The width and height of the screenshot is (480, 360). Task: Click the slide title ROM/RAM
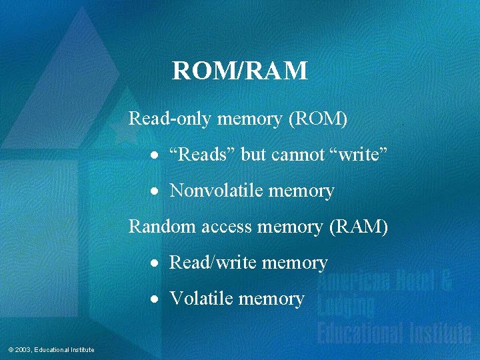point(240,70)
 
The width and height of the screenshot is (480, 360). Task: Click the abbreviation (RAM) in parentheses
point(359,227)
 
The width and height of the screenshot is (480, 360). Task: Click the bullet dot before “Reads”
point(154,156)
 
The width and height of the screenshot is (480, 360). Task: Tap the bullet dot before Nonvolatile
point(154,192)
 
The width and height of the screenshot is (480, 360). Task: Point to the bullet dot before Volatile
point(154,299)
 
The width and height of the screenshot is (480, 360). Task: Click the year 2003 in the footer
point(22,350)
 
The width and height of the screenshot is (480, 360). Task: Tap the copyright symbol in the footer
point(10,350)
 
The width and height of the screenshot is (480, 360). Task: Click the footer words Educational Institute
point(64,350)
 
